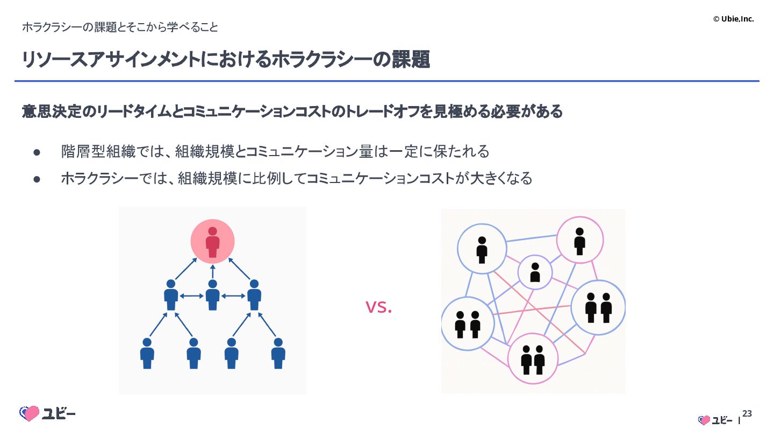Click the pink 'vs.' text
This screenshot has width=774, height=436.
pyautogui.click(x=378, y=307)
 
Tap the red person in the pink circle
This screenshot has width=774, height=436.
pyautogui.click(x=213, y=242)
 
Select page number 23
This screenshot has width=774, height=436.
pyautogui.click(x=747, y=413)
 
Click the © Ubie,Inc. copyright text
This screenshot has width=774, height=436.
pyautogui.click(x=733, y=19)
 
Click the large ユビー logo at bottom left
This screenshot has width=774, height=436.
pyautogui.click(x=47, y=413)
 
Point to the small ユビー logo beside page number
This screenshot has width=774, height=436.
pyautogui.click(x=715, y=420)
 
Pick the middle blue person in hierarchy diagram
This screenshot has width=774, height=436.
pyautogui.click(x=213, y=295)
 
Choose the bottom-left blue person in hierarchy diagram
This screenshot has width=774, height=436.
pyautogui.click(x=147, y=353)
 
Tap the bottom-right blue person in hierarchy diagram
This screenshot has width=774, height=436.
pyautogui.click(x=278, y=353)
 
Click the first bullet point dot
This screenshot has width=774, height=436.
pyautogui.click(x=37, y=152)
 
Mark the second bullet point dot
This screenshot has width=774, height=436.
pyautogui.click(x=37, y=179)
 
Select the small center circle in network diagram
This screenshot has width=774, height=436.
pyautogui.click(x=535, y=272)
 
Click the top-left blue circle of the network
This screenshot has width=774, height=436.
pyautogui.click(x=482, y=249)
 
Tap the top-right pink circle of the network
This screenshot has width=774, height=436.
pyautogui.click(x=579, y=240)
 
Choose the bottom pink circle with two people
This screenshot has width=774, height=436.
pyautogui.click(x=533, y=358)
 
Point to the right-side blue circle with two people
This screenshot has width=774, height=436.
pyautogui.click(x=598, y=307)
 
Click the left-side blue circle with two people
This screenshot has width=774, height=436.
pyautogui.click(x=467, y=324)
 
